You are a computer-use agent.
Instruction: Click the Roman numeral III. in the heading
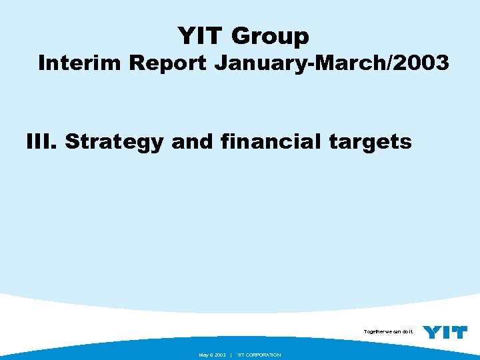point(42,141)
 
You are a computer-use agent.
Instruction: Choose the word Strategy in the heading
point(113,143)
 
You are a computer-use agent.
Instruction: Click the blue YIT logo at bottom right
point(445,332)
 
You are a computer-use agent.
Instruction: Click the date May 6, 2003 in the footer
point(212,355)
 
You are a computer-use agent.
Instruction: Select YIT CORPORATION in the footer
point(259,355)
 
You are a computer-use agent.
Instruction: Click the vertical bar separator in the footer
point(231,355)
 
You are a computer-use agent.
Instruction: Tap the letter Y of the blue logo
point(433,332)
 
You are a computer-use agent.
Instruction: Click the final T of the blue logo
point(459,332)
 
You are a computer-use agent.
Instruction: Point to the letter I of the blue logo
point(446,332)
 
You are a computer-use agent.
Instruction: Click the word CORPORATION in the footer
point(264,355)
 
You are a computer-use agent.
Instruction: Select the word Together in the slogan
point(374,331)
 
